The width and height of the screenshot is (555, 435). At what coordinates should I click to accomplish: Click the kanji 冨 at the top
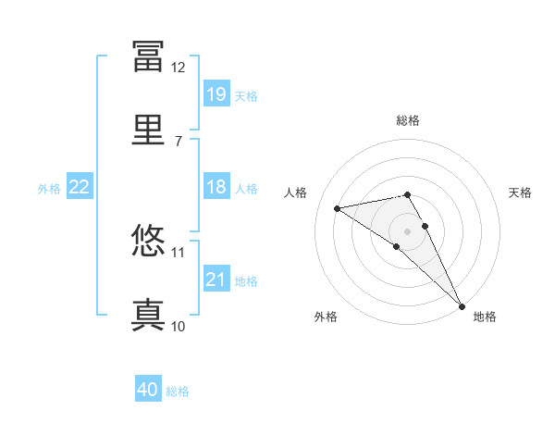148,56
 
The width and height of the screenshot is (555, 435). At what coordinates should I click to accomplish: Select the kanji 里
148,130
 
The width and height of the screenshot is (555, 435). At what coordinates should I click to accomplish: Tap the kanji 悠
148,240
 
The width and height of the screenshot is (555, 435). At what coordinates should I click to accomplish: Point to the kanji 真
148,315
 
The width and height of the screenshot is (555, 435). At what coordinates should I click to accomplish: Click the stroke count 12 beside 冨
178,68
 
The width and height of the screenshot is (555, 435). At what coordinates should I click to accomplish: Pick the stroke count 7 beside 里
179,142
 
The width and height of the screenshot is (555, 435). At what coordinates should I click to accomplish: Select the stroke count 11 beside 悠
178,253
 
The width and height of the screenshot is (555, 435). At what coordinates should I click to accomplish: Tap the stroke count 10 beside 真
178,326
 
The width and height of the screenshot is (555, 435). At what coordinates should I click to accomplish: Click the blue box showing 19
216,93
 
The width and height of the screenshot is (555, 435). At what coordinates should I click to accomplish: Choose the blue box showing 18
216,186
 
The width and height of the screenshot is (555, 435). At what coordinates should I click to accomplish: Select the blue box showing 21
216,278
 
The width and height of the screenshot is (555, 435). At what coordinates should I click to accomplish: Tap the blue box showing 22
80,186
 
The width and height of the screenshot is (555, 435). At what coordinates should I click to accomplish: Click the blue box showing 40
148,388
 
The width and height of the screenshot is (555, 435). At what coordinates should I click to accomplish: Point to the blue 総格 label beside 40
178,391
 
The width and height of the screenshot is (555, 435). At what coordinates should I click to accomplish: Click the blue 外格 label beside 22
49,189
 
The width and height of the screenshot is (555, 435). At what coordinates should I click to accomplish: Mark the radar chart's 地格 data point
462,306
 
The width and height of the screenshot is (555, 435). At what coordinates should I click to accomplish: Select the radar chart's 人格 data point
337,208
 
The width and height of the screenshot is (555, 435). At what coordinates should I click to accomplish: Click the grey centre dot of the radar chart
407,231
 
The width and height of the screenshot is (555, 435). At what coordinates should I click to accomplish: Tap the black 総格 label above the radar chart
408,120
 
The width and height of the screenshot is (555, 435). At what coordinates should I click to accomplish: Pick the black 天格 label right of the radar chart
520,193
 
